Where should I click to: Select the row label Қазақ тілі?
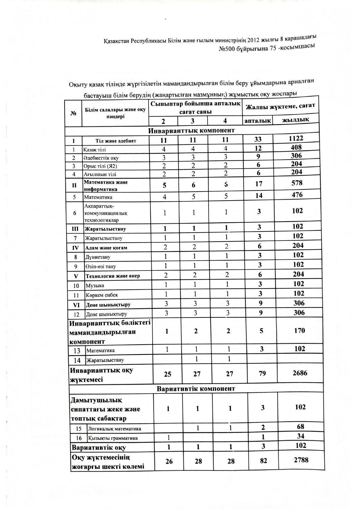coord(95,150)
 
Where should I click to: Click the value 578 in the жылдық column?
coord(297,183)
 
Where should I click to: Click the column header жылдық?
coord(296,119)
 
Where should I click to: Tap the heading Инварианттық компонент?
coord(191,131)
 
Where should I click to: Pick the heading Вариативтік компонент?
coord(196,388)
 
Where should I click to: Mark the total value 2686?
coord(300,373)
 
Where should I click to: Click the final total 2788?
coord(301,460)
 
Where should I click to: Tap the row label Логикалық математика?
coord(114,429)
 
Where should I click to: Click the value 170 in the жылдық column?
coord(299,331)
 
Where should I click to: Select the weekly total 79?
coord(262,373)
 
